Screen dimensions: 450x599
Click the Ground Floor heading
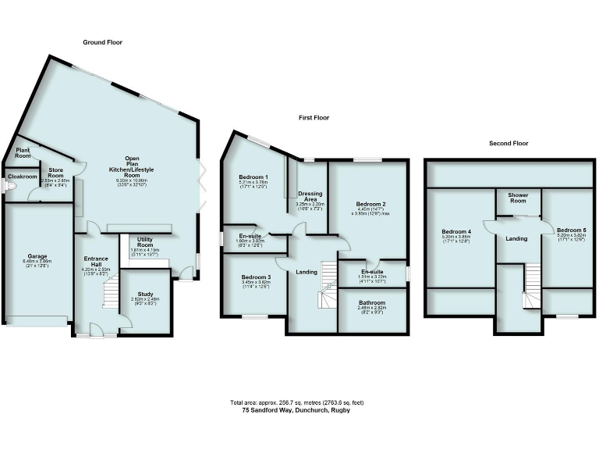coord(103,42)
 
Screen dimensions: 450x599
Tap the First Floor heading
coord(314,118)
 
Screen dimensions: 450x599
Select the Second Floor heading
coord(509,144)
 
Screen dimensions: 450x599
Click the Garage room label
coord(37,255)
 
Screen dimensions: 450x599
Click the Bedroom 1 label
coord(253,177)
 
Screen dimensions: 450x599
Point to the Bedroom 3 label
coord(256,277)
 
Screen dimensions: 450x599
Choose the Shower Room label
coord(519,197)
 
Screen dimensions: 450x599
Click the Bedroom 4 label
coord(456,231)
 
